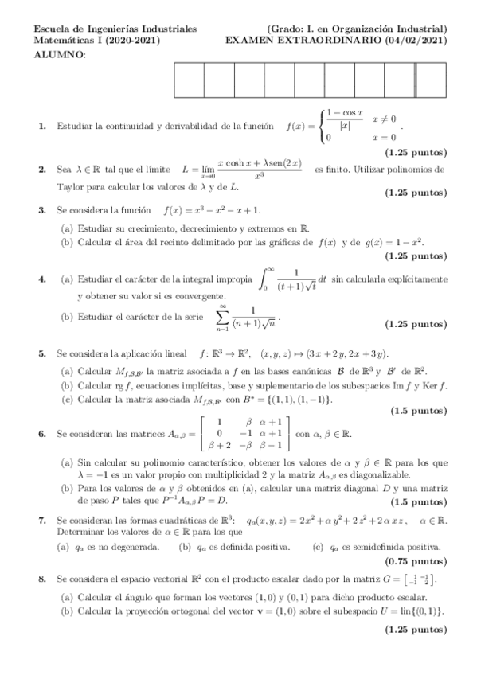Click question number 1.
coord(41,127)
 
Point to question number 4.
coord(41,279)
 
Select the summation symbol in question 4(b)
coord(224,317)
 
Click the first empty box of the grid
coord(189,78)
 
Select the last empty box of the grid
coord(431,78)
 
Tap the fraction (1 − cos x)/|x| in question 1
coord(345,119)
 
